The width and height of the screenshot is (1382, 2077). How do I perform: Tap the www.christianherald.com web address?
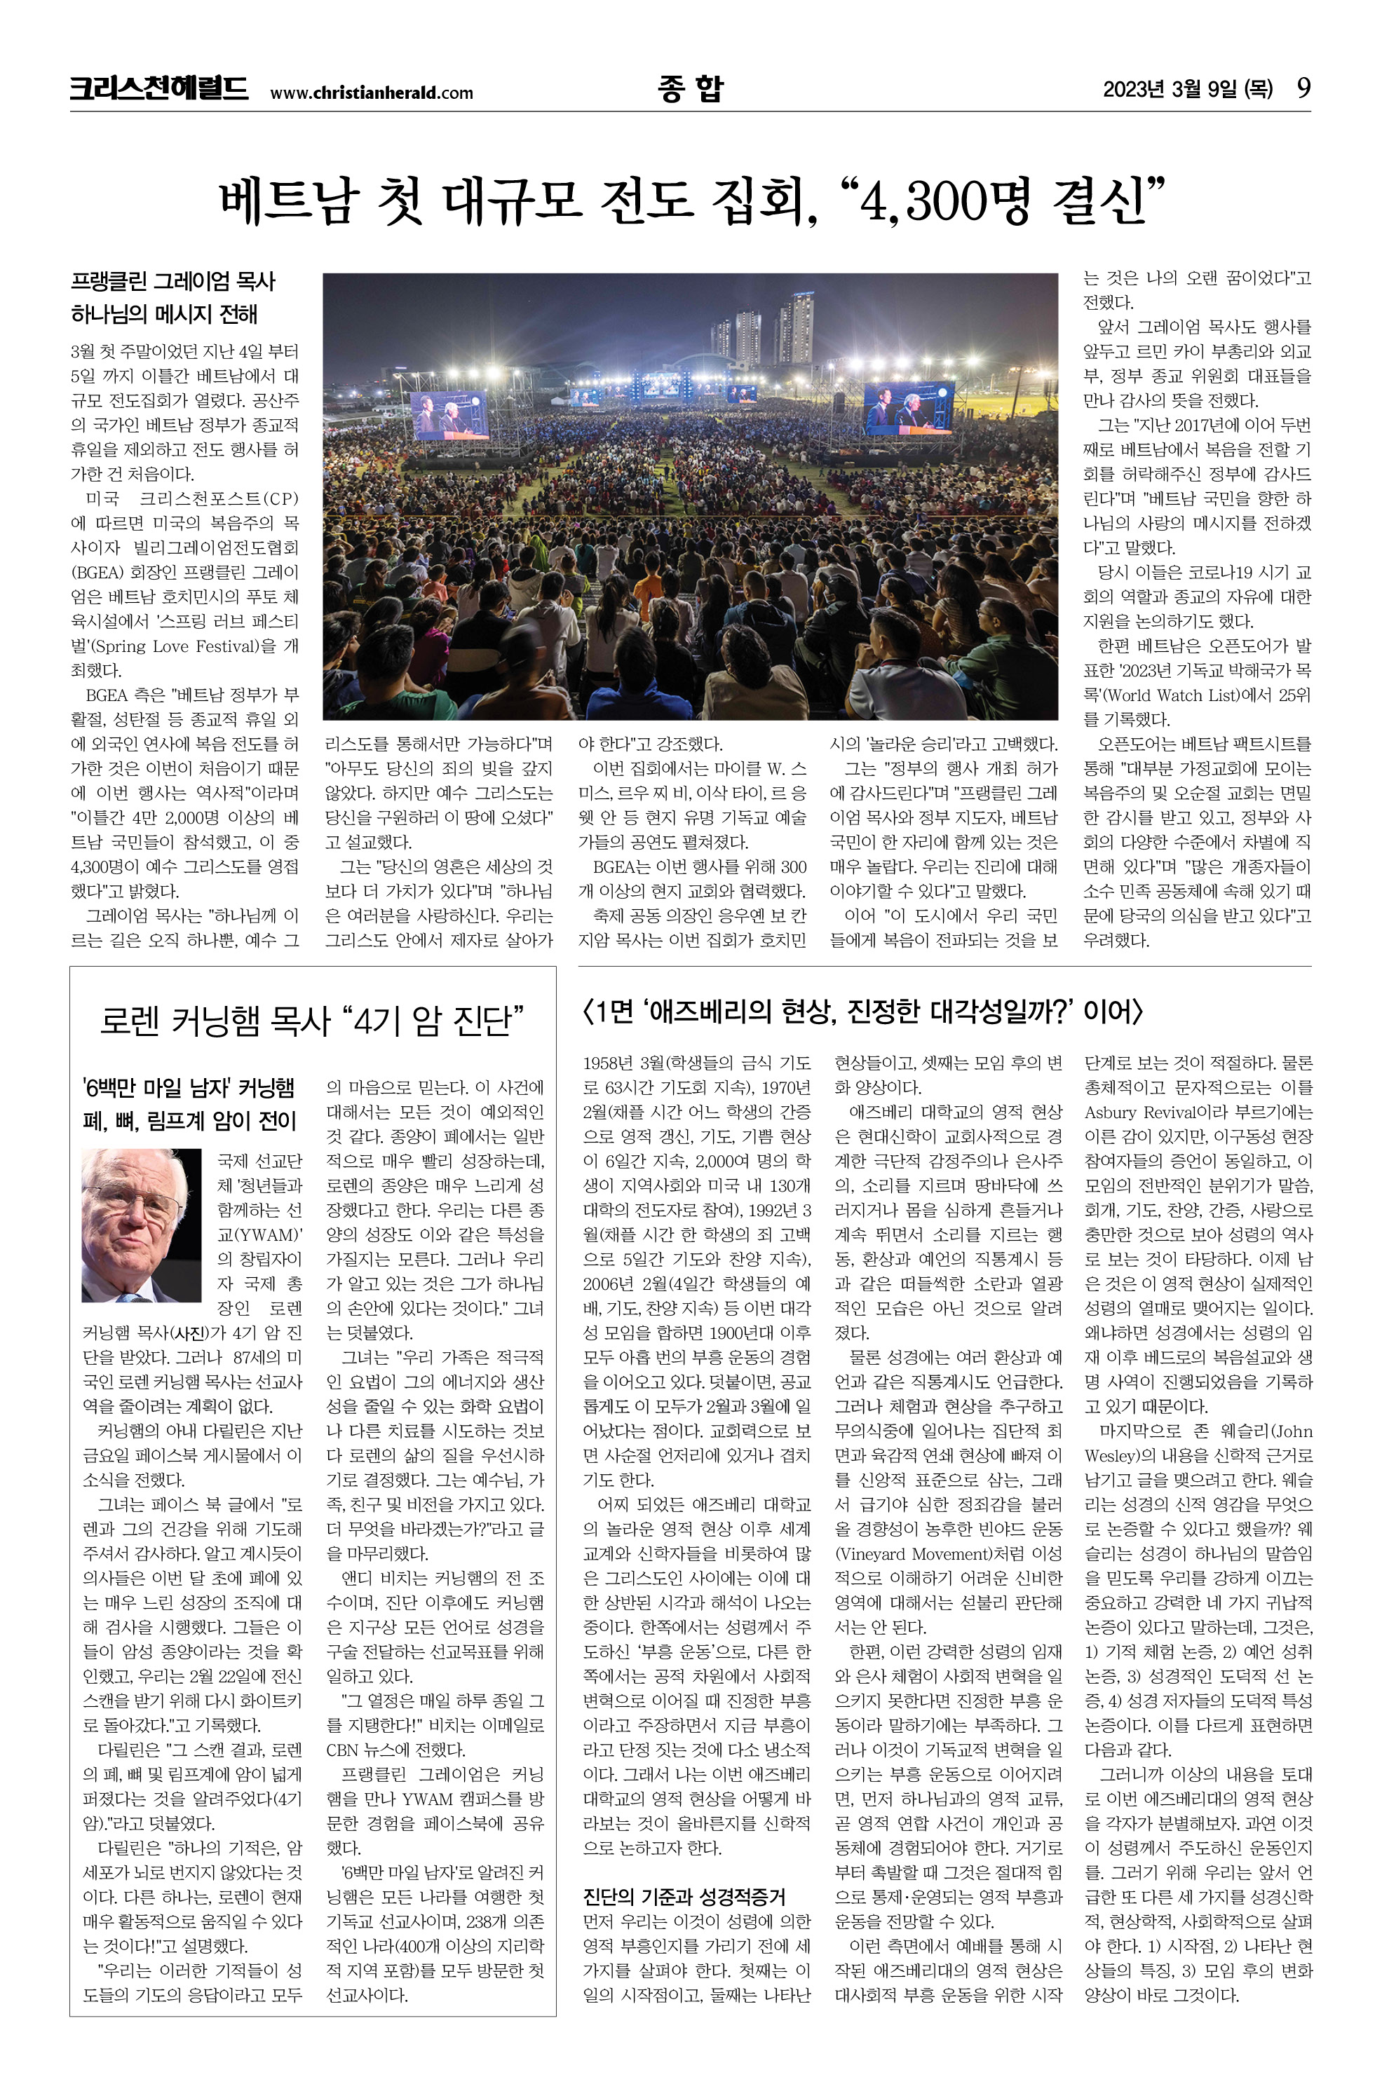pos(371,93)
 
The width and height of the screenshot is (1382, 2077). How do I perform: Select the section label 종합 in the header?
pos(690,88)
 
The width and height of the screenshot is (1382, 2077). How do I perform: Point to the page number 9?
pos(1303,88)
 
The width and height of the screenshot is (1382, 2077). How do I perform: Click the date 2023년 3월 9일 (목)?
pos(1187,89)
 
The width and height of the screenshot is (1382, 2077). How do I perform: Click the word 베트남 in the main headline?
pos(289,202)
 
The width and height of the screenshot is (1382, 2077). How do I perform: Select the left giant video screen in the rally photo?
pos(449,414)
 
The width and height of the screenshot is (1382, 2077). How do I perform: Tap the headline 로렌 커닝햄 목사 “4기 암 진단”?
pos(312,1021)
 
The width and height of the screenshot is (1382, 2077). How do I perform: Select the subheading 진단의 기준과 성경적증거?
pos(684,1896)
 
